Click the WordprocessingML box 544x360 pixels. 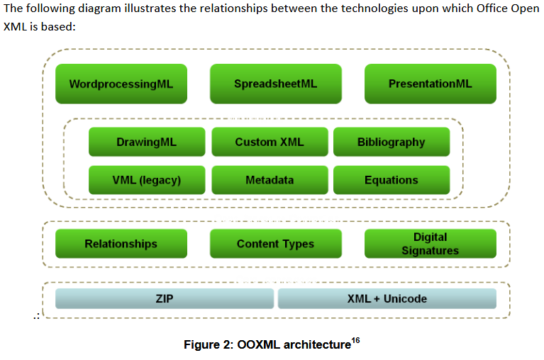tap(121, 84)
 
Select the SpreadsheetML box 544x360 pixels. tap(275, 84)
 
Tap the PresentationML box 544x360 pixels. tap(430, 84)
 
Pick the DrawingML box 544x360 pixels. tap(146, 142)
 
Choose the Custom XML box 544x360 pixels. tap(270, 142)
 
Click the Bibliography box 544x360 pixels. tap(391, 142)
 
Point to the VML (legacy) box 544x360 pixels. tap(146, 180)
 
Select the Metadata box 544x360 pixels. tap(270, 180)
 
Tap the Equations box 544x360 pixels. tap(391, 180)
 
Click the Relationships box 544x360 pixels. tap(121, 244)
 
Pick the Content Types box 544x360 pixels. tap(275, 244)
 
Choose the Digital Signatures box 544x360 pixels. tap(430, 244)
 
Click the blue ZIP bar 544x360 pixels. tap(164, 298)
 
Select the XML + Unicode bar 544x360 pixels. tap(387, 298)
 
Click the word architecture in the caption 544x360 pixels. tap(316, 345)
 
